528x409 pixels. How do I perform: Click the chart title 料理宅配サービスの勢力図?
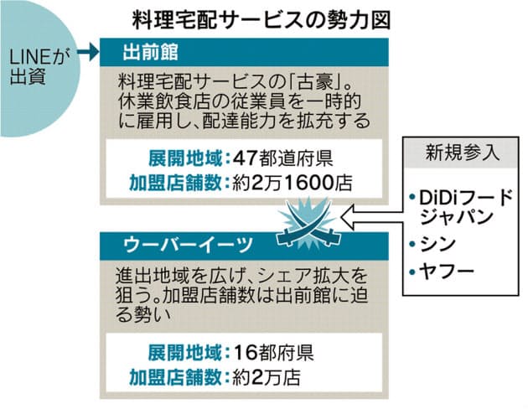click(x=261, y=20)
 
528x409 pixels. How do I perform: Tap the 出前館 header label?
click(x=150, y=53)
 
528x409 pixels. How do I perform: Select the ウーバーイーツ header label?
click(x=188, y=245)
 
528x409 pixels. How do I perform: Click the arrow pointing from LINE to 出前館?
click(x=88, y=52)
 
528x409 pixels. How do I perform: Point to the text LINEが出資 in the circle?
click(x=38, y=67)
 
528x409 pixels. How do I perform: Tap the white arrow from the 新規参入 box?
click(x=372, y=217)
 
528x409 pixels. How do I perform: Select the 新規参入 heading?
click(x=461, y=153)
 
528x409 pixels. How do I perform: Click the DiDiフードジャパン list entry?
click(x=465, y=208)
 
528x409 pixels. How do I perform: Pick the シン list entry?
click(x=437, y=244)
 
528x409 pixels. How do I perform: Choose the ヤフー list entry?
click(x=447, y=271)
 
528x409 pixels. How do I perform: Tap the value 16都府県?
click(x=273, y=353)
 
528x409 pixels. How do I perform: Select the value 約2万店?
click(x=266, y=377)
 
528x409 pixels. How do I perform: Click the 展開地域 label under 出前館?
click(x=185, y=158)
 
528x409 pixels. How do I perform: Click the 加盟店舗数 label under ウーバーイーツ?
click(x=176, y=377)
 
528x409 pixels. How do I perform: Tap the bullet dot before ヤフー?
click(x=412, y=272)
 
